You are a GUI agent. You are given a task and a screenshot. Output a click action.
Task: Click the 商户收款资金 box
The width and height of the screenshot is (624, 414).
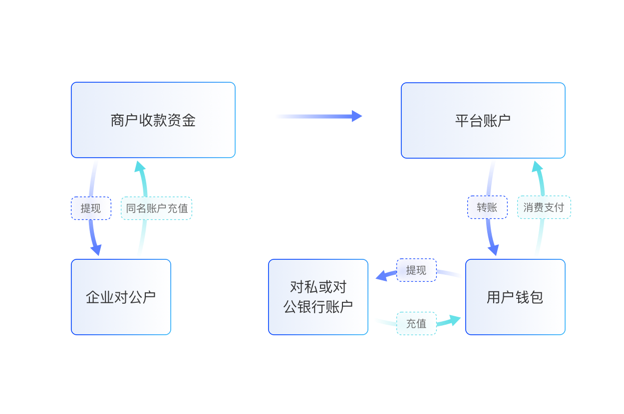(x=153, y=120)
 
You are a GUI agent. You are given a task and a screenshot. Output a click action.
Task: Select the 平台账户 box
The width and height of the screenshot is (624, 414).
(x=483, y=120)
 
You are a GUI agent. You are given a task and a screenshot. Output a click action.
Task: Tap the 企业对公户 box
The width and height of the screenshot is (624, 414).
(x=121, y=297)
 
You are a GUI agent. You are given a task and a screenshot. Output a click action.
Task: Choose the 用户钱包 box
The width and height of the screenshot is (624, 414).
(x=515, y=297)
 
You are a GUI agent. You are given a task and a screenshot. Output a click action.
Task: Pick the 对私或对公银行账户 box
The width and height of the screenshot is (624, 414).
(x=318, y=297)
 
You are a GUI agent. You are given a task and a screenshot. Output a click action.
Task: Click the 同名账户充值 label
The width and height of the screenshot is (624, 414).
(x=156, y=208)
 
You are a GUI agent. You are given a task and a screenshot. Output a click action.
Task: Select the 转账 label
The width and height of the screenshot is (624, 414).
(x=487, y=207)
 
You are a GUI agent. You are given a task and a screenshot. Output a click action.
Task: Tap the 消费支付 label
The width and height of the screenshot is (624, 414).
(x=544, y=207)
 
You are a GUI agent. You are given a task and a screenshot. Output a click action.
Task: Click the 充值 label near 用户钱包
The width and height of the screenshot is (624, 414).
(x=416, y=323)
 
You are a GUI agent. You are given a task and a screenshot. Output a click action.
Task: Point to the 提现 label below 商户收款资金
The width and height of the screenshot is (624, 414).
(x=91, y=208)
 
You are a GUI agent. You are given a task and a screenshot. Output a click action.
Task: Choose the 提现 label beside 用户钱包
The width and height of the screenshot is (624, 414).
(x=416, y=270)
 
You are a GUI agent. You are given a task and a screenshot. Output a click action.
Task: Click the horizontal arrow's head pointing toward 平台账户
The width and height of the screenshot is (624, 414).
(x=356, y=116)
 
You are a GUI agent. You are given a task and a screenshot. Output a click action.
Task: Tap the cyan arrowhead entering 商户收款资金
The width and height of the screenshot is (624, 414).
(x=140, y=167)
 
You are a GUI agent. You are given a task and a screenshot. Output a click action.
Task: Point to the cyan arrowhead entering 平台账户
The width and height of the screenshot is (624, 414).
(x=537, y=167)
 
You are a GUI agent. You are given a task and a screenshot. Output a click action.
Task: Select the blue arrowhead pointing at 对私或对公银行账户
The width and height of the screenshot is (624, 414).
(x=381, y=275)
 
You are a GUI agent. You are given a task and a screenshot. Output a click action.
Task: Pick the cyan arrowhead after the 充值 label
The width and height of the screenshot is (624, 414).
(x=455, y=320)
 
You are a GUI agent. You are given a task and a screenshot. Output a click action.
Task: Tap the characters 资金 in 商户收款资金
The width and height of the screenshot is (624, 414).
(x=182, y=120)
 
